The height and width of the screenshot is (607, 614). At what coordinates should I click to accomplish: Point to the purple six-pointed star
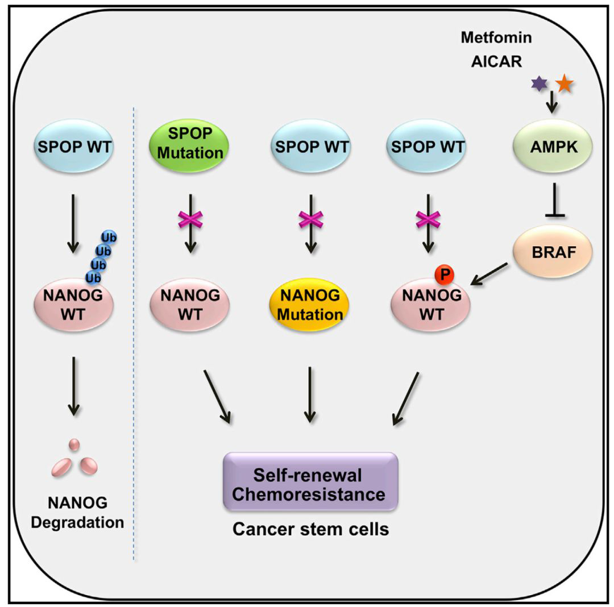click(538, 84)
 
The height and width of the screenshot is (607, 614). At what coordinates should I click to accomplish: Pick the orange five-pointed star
click(565, 84)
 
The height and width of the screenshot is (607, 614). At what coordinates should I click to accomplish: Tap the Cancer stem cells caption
click(310, 530)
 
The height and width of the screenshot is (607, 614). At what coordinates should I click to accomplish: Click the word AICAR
click(496, 61)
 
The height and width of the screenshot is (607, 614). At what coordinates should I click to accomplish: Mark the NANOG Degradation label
click(78, 512)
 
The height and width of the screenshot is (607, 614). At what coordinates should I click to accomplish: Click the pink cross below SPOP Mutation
click(191, 219)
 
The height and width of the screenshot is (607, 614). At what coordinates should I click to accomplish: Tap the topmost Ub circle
click(109, 236)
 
